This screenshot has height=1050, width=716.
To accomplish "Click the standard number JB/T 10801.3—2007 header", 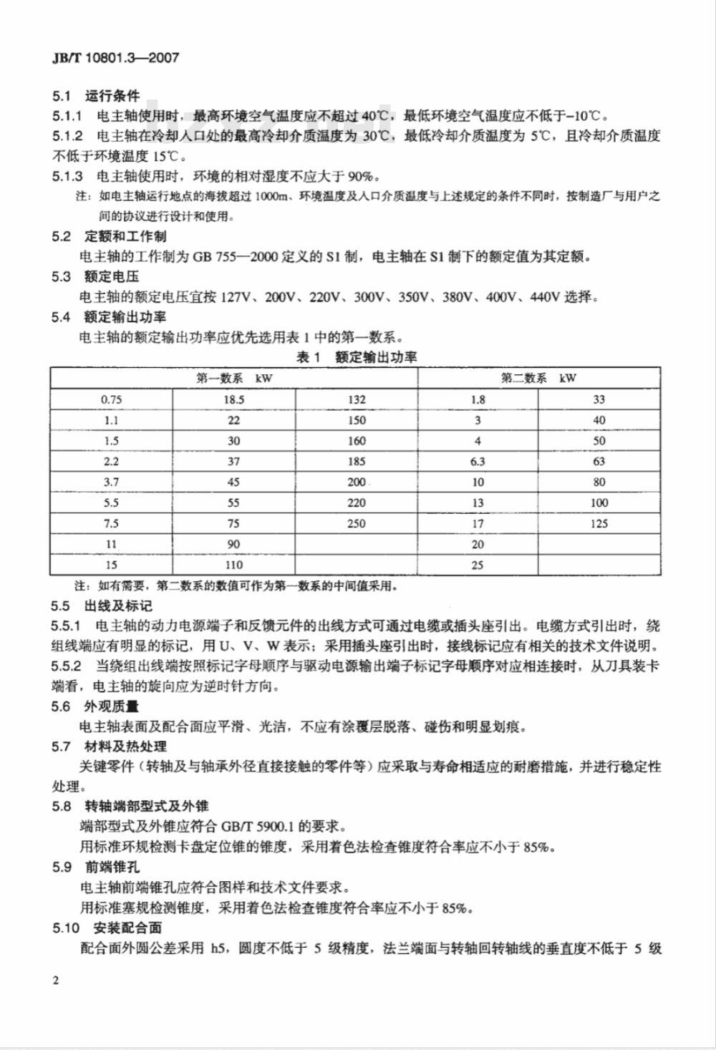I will pyautogui.click(x=115, y=58).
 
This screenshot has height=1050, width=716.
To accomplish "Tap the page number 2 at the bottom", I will pyautogui.click(x=56, y=979).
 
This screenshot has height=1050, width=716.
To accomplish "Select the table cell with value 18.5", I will pyautogui.click(x=233, y=400).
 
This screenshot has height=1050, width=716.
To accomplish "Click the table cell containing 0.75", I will pyautogui.click(x=111, y=400).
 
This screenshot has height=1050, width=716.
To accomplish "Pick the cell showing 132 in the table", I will pyautogui.click(x=356, y=400).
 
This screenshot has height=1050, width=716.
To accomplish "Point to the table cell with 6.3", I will pyautogui.click(x=478, y=462).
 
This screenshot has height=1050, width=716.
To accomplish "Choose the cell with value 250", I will pyautogui.click(x=356, y=524).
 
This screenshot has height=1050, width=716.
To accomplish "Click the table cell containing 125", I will pyautogui.click(x=599, y=524).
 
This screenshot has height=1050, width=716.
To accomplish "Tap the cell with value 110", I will pyautogui.click(x=233, y=565).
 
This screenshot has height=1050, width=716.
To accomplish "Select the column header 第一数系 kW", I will pyautogui.click(x=234, y=379).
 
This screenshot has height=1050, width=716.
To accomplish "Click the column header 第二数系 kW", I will pyautogui.click(x=538, y=379).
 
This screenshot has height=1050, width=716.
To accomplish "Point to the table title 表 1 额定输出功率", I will pyautogui.click(x=356, y=357).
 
